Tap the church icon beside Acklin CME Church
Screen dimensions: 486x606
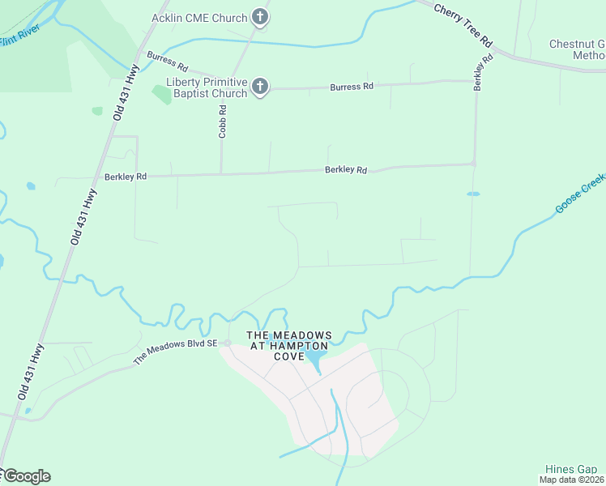click(x=259, y=16)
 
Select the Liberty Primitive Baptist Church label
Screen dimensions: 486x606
click(x=206, y=87)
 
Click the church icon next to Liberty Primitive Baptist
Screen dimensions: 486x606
click(x=259, y=87)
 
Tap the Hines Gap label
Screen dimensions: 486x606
click(x=570, y=469)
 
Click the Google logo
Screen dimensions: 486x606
click(x=26, y=476)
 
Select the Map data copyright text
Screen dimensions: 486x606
click(x=572, y=480)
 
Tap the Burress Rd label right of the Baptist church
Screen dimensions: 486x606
click(x=352, y=86)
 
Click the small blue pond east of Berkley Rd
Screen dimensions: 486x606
click(x=473, y=194)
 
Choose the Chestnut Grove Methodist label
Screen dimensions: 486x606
click(x=577, y=49)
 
